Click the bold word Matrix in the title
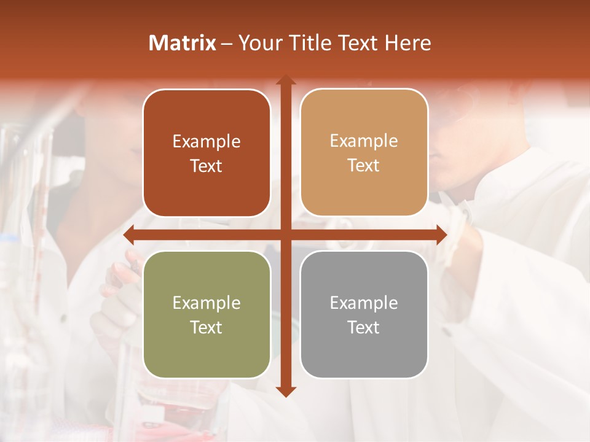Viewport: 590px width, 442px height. point(183,43)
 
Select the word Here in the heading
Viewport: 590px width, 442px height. point(408,43)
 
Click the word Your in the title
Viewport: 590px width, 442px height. point(258,43)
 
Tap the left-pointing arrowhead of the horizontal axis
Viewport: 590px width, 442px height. point(129,235)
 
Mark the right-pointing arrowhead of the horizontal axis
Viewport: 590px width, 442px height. point(441,235)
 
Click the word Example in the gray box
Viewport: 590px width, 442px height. point(364,303)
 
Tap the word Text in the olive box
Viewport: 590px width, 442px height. point(206,327)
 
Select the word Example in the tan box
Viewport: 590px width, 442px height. point(364,141)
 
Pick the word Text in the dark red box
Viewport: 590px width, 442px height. point(206,166)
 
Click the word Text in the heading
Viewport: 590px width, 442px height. point(355,43)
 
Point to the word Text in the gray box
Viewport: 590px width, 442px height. point(364,327)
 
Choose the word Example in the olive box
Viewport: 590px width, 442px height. point(206,303)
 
